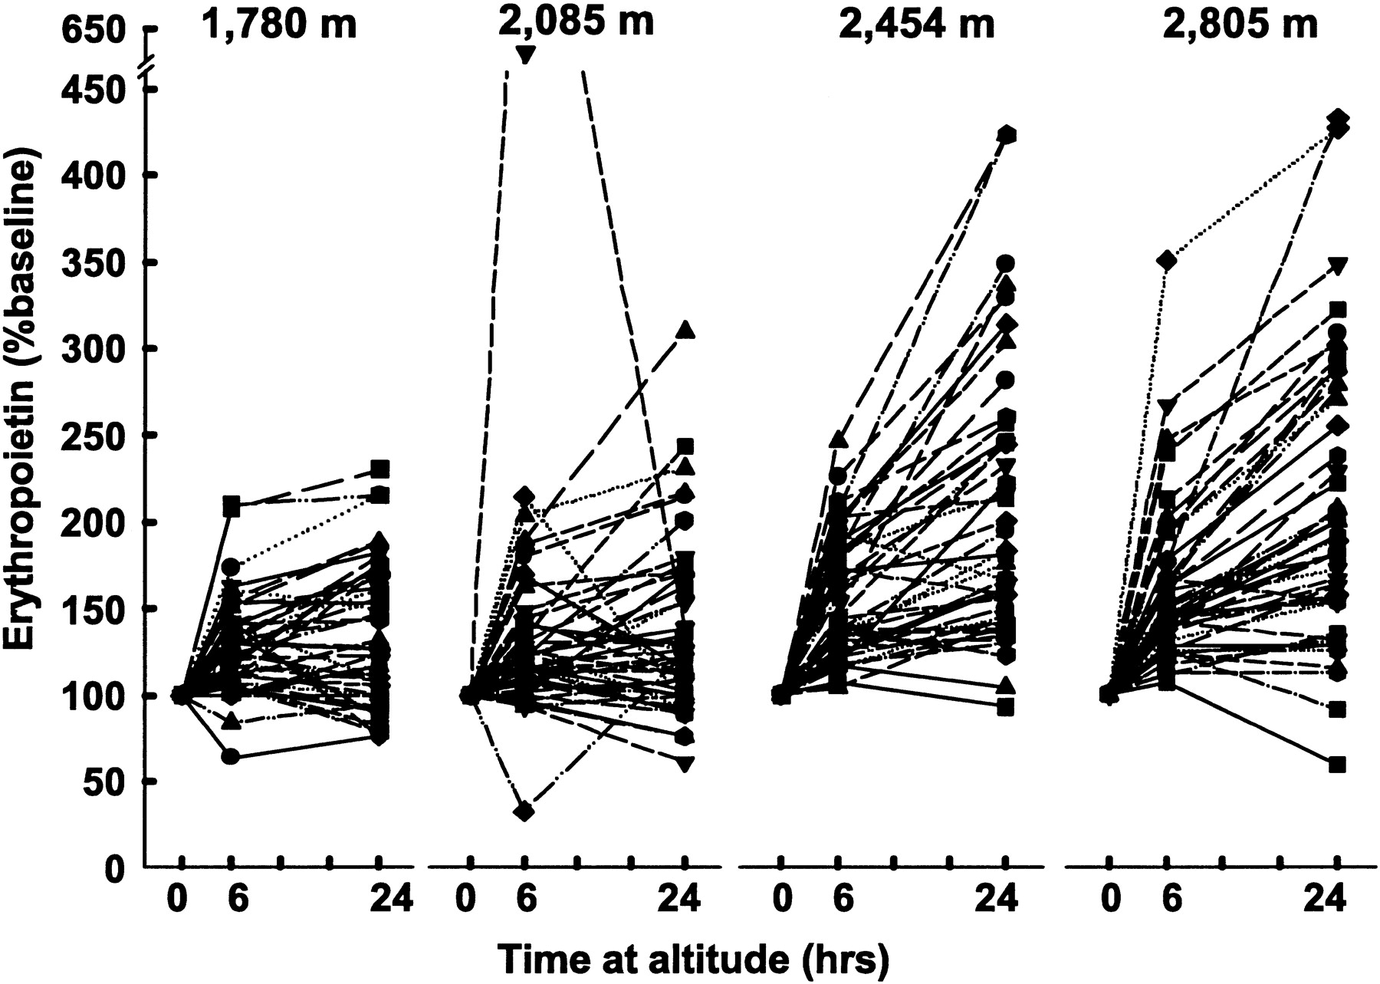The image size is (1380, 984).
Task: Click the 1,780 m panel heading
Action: point(280,25)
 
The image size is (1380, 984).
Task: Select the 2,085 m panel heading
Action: point(576,21)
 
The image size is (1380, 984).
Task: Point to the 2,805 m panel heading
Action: point(1240,25)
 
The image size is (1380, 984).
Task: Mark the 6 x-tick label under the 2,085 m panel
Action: point(525,899)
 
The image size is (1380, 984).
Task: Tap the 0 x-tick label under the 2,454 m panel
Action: point(781,899)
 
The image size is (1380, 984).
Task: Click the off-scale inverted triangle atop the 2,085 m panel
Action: point(525,54)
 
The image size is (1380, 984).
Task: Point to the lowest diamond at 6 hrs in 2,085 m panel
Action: point(524,811)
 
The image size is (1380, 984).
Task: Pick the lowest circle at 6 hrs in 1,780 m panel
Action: point(230,757)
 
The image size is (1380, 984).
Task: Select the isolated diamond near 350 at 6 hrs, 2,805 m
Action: point(1166,261)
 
